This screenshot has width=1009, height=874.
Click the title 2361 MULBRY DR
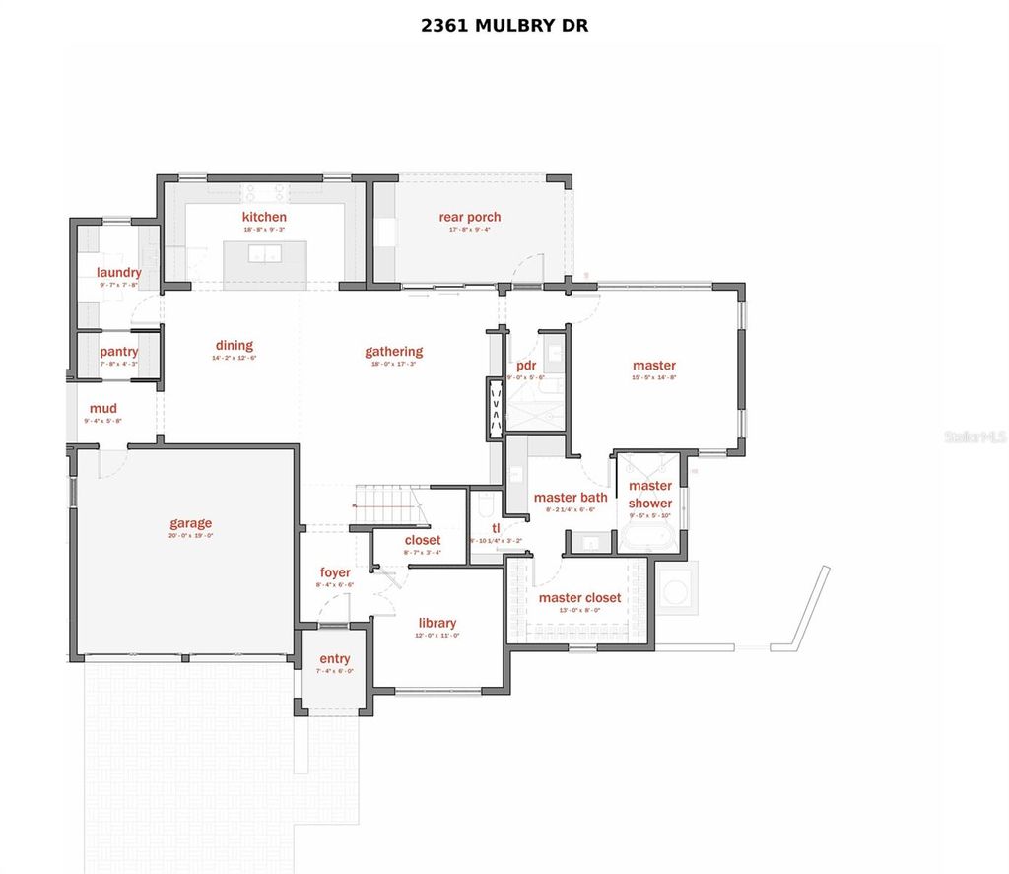pos(504,25)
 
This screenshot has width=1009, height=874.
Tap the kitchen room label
pos(264,217)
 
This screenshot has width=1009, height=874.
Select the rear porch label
pos(470,217)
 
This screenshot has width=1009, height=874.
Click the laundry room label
pos(118,273)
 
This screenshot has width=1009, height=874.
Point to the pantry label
pos(118,352)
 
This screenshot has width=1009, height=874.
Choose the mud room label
pos(103,409)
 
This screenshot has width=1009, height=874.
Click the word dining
pos(235,346)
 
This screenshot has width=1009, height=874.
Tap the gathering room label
pos(393,352)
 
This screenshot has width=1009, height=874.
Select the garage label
pos(190,524)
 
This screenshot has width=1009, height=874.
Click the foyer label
pos(335,572)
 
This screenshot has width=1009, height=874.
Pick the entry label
pos(334,659)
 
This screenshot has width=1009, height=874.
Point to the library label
pos(437,623)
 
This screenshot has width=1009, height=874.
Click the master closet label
pos(579,598)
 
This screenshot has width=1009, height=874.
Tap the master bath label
pos(571,498)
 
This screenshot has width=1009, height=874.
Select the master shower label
pos(650,494)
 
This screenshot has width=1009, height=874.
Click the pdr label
pos(525,366)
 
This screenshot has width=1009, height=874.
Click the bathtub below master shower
pos(648,540)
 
